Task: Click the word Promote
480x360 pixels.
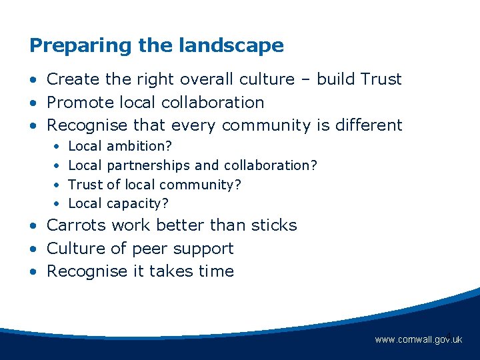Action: pos(79,103)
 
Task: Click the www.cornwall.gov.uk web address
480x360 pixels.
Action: pos(418,340)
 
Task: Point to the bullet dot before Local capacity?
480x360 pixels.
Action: pos(57,204)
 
